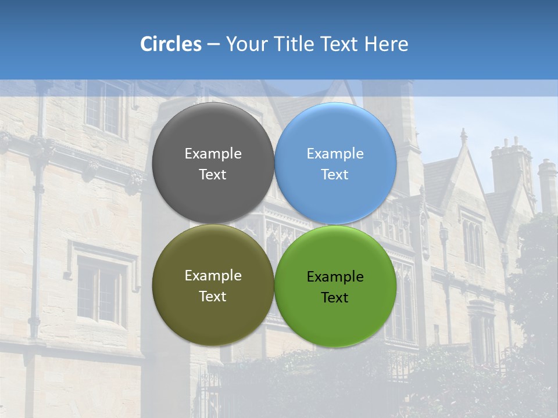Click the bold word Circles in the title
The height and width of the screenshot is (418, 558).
[171, 44]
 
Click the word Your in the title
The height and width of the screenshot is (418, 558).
[246, 44]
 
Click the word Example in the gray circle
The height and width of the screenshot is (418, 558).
[213, 154]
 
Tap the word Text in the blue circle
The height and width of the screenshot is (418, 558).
[335, 175]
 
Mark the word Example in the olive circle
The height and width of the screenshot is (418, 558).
[213, 276]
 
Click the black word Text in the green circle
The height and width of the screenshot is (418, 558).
[335, 298]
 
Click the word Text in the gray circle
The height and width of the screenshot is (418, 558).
[213, 175]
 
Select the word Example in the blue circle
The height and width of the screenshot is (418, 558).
[335, 154]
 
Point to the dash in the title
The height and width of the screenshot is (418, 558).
[213, 45]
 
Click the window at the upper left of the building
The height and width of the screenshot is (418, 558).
[105, 107]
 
